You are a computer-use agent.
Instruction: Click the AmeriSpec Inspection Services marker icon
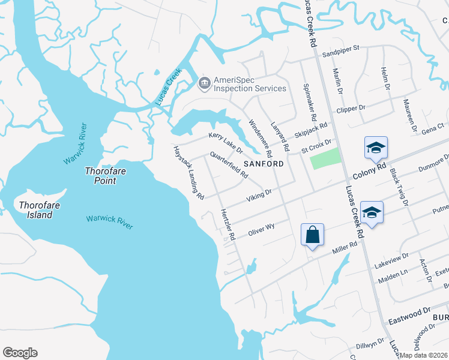[205, 83]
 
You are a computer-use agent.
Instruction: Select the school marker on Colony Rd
[376, 148]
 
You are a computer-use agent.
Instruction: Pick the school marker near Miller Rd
[372, 212]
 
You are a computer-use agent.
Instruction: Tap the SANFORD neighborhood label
[263, 164]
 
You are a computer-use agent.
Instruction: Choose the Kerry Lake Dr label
[225, 143]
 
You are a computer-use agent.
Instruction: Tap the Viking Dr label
[259, 195]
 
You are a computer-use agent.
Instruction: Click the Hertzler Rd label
[227, 224]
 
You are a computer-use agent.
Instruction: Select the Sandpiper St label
[340, 47]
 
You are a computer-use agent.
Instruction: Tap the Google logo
[20, 353]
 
